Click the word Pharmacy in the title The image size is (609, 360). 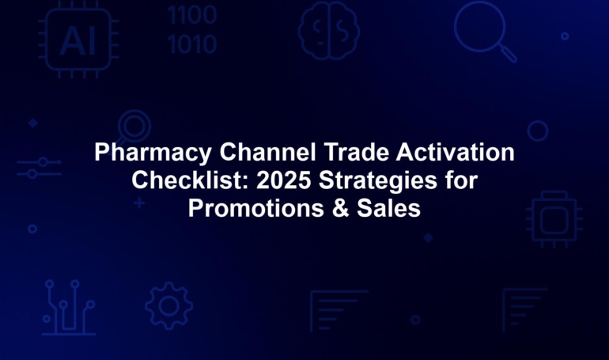click(x=153, y=153)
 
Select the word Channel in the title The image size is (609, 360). click(x=267, y=152)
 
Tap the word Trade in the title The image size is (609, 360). click(x=357, y=152)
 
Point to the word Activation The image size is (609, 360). click(x=456, y=152)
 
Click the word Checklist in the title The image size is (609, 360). click(x=191, y=180)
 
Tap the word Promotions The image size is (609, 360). click(x=256, y=208)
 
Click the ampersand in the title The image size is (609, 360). click(x=340, y=208)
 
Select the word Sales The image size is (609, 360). click(x=388, y=208)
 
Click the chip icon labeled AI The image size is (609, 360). click(x=78, y=40)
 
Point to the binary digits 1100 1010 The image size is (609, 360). click(x=192, y=29)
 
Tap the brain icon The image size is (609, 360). click(x=328, y=30)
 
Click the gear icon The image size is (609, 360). click(x=169, y=306)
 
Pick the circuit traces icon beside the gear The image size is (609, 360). click(x=69, y=307)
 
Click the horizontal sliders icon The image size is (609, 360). click(x=39, y=168)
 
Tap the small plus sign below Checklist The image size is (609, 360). click(x=139, y=203)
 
